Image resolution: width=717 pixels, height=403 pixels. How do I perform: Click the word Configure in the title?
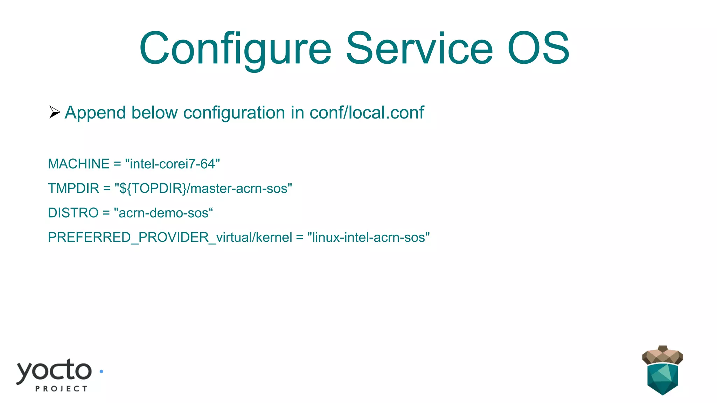coord(235,49)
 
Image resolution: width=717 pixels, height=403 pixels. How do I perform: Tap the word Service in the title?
coord(419,49)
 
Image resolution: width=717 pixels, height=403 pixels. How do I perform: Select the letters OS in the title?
coord(538,49)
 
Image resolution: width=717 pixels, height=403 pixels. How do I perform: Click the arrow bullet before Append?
coord(55,112)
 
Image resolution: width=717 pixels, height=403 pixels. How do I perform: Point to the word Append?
coord(95,113)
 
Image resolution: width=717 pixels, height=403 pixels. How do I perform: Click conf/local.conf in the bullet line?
coord(367,113)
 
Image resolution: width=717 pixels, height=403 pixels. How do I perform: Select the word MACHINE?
coord(79,164)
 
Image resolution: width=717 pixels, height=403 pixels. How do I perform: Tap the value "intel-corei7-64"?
coord(172,164)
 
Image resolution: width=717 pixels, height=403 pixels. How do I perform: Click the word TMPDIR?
coord(74,188)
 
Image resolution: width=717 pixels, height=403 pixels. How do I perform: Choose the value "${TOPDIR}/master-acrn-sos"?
coord(203,188)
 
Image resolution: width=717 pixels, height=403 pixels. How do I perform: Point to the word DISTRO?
coord(73,213)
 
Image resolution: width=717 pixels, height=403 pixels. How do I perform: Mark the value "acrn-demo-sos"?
coord(163,213)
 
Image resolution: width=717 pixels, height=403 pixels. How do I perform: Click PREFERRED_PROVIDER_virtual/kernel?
coord(170,238)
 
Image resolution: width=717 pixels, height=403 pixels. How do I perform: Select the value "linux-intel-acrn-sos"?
coord(368,237)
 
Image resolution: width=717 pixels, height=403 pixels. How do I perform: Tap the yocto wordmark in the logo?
coord(54,371)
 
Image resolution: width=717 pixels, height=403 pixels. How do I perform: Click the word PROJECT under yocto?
coord(61,389)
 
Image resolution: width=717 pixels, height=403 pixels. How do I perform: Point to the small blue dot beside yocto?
coord(102,372)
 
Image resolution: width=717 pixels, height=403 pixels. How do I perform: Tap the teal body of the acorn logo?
coord(662,379)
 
